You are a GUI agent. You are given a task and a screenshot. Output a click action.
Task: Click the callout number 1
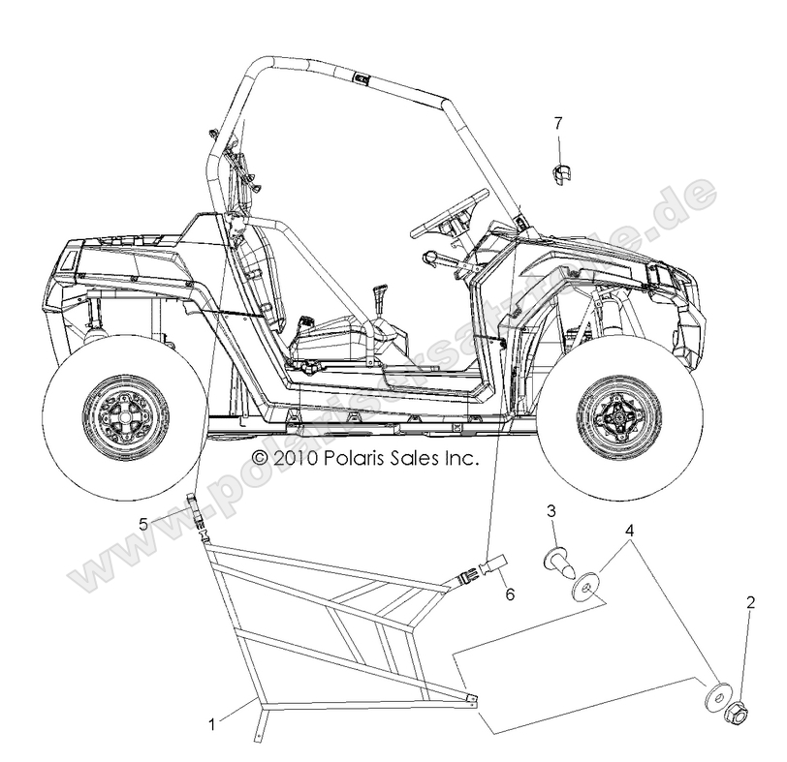[211, 720]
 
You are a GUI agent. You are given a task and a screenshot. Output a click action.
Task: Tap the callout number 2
[749, 602]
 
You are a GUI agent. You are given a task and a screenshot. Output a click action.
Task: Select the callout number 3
[551, 510]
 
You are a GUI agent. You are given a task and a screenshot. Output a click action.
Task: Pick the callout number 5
[142, 524]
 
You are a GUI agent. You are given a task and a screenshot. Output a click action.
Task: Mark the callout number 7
[558, 123]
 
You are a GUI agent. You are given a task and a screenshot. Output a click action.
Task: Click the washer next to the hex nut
[717, 697]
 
